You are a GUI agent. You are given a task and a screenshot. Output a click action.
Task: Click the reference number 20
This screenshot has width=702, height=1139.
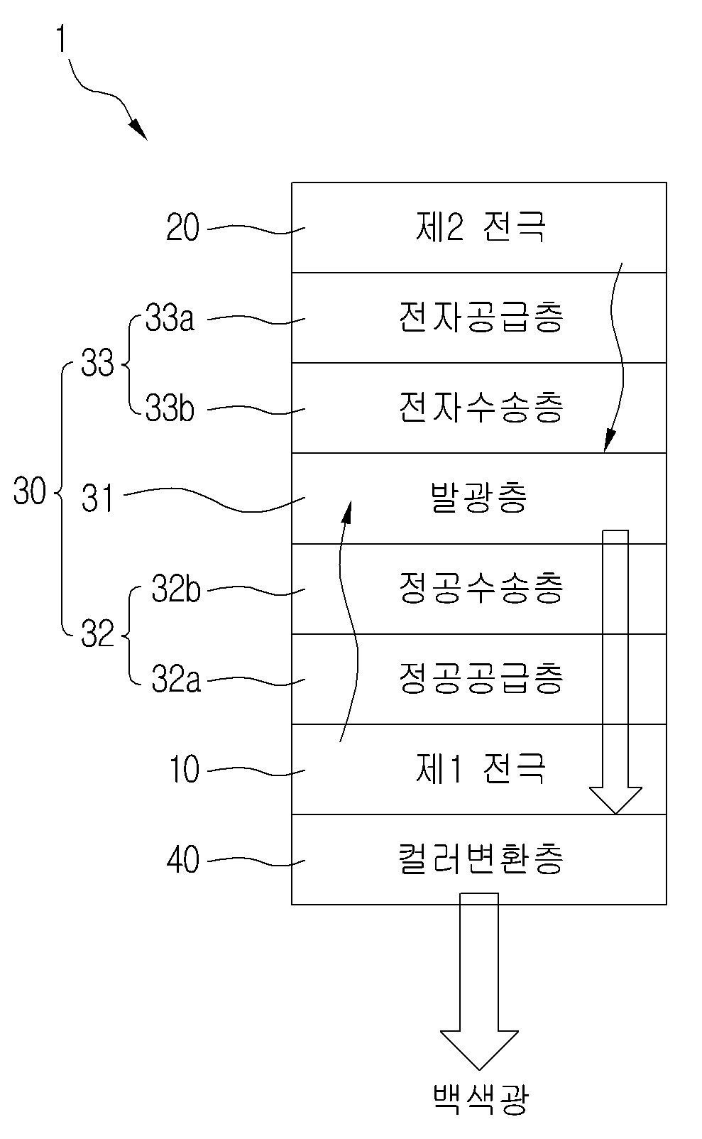tap(182, 227)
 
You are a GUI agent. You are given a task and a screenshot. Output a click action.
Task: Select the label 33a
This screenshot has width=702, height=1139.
tap(170, 318)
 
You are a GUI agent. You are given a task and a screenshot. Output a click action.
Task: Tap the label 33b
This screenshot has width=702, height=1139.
tap(170, 408)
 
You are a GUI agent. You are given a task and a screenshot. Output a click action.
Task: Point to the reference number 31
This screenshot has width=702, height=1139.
tap(97, 498)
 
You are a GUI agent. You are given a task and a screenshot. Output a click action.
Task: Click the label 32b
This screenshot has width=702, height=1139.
tap(176, 589)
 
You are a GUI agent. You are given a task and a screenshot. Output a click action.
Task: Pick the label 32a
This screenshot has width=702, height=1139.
tap(176, 680)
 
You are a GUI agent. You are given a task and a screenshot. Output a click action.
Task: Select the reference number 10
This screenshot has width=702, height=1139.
tap(184, 769)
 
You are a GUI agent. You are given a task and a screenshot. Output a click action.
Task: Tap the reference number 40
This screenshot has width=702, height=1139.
tap(182, 860)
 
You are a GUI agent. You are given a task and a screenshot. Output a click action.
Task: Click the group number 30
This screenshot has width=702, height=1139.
tap(30, 491)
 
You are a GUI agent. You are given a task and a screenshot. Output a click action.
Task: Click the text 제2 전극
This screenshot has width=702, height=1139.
tap(481, 227)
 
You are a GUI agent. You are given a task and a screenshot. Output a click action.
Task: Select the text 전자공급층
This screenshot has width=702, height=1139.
tap(481, 317)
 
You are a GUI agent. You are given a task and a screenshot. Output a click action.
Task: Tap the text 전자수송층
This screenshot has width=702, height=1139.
tap(481, 408)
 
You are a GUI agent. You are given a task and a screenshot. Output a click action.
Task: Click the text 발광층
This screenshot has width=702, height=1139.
tap(479, 498)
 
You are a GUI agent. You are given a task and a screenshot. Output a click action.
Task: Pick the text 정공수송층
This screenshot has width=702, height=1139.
tap(481, 588)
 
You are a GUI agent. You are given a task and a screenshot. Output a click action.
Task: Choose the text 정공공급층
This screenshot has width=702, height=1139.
tap(481, 678)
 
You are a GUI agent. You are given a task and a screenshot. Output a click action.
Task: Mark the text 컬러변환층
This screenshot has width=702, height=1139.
tap(481, 859)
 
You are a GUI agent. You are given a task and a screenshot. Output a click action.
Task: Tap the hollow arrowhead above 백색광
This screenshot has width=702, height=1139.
tap(479, 1049)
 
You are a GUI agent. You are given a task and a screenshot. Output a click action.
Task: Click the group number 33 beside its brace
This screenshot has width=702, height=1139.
tap(97, 364)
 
